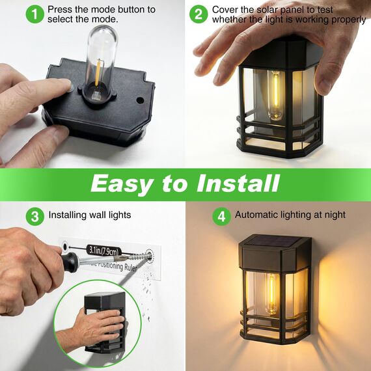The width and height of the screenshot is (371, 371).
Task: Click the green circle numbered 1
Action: (x=35, y=14)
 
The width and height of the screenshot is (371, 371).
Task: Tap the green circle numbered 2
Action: (x=199, y=14)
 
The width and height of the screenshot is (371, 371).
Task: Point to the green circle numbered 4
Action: (x=222, y=215)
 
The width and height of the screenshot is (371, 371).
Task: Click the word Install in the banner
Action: (x=234, y=184)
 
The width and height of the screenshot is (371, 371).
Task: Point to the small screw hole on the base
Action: (x=139, y=101)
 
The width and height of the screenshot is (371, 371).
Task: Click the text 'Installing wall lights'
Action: (x=90, y=215)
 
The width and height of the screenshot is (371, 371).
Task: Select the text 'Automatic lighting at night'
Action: (x=290, y=215)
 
